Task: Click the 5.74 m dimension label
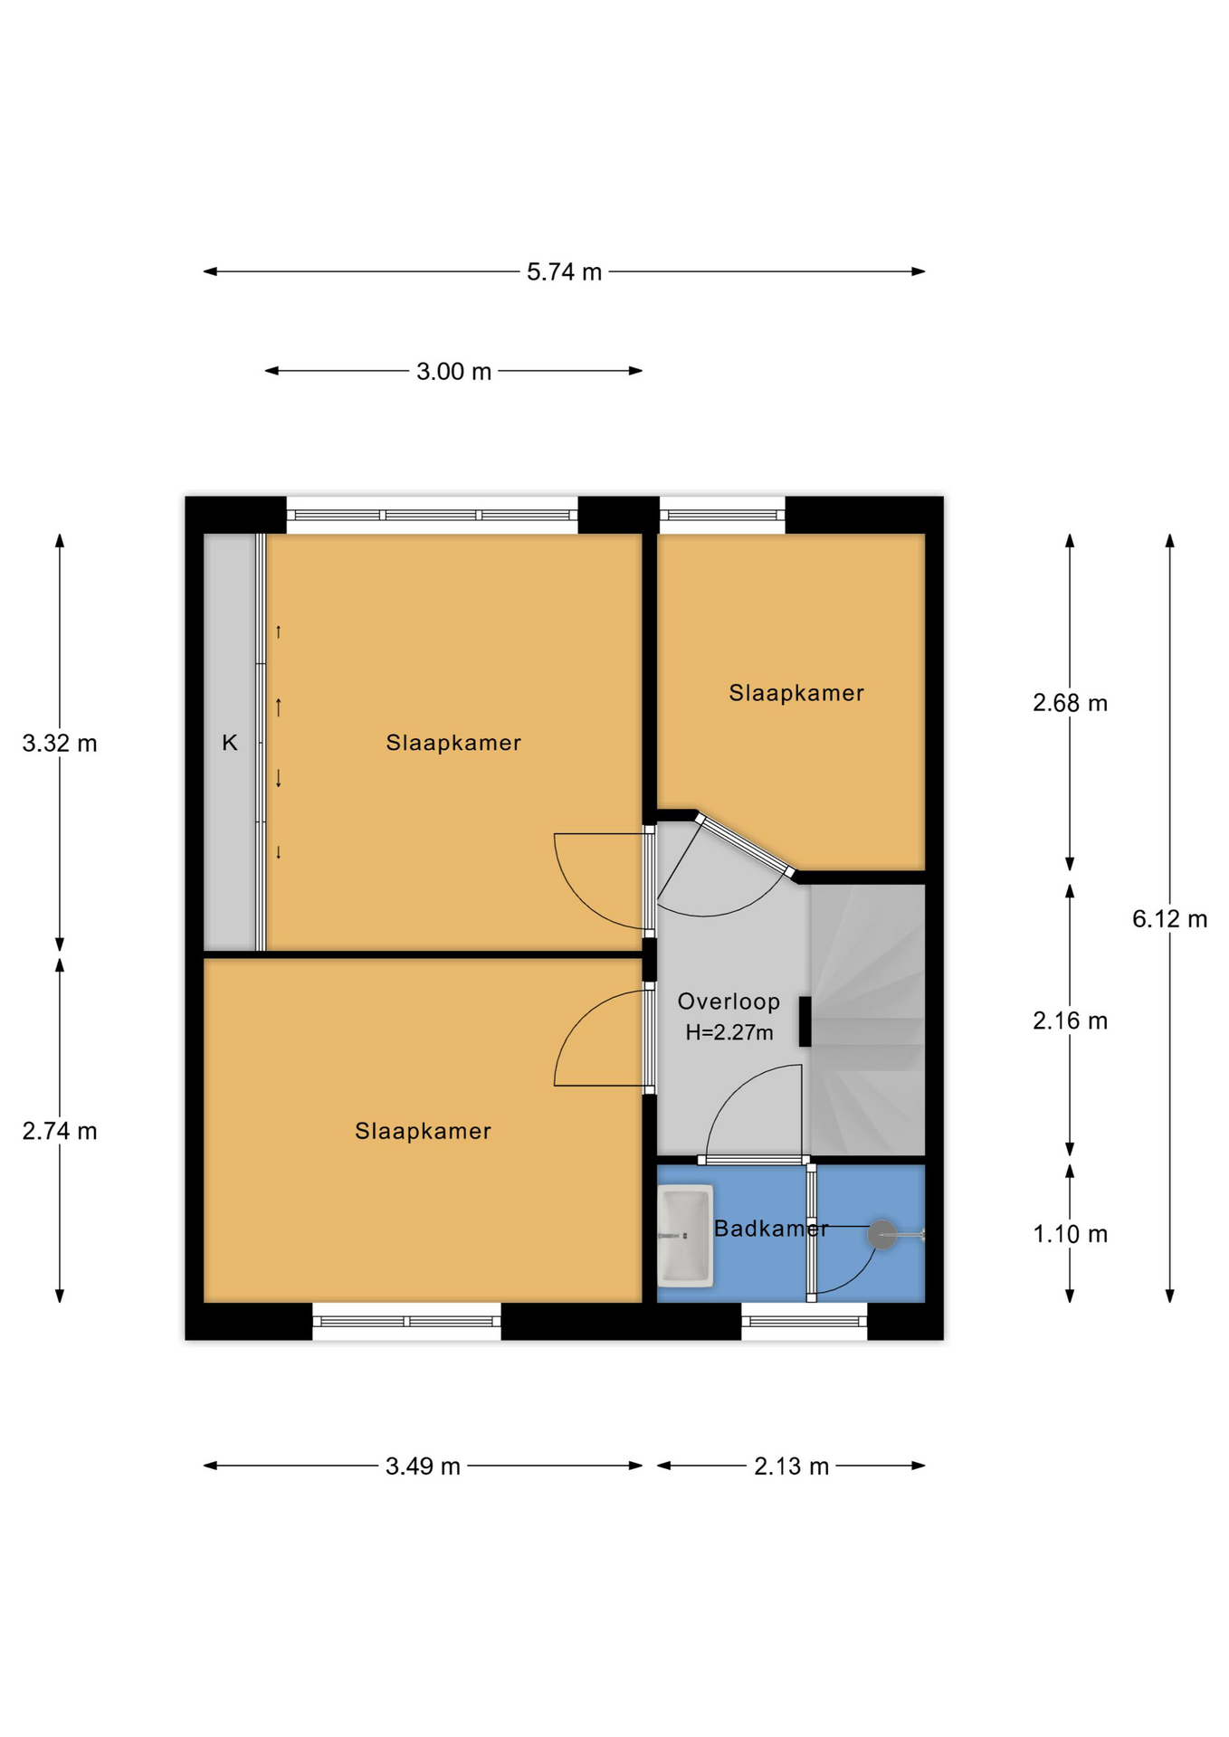[x=564, y=271]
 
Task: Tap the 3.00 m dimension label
[x=453, y=371]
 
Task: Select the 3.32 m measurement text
[x=60, y=743]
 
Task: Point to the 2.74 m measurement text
[x=60, y=1131]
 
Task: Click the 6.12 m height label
[x=1169, y=919]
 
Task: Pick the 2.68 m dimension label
[x=1070, y=703]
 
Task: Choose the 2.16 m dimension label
[x=1070, y=1020]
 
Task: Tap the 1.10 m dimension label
[x=1070, y=1234]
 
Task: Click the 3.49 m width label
[x=423, y=1466]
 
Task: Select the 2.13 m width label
[x=791, y=1466]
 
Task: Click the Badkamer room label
[x=771, y=1229]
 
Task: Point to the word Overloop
[x=729, y=1001]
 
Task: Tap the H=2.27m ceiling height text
[x=729, y=1032]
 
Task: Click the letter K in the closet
[x=230, y=743]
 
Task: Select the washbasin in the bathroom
[x=685, y=1235]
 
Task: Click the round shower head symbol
[x=881, y=1234]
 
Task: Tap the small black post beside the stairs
[x=805, y=1021]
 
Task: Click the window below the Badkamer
[x=805, y=1322]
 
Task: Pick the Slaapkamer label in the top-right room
[x=796, y=693]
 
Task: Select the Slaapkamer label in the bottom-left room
[x=423, y=1131]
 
